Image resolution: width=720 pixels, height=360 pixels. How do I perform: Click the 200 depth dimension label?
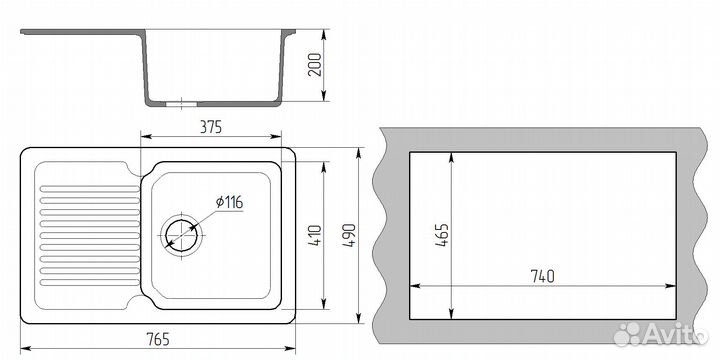(x=316, y=64)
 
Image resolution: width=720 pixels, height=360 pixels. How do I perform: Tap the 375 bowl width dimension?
(x=211, y=127)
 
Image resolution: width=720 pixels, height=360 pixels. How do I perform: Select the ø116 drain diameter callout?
(x=229, y=202)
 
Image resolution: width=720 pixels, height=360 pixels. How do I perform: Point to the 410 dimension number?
(x=315, y=235)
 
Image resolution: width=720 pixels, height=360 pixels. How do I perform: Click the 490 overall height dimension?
(x=349, y=235)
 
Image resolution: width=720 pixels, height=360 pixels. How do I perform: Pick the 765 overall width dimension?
(x=158, y=339)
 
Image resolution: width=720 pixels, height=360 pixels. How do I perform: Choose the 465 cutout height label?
(x=442, y=235)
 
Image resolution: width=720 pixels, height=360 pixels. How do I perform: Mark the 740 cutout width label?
(x=542, y=276)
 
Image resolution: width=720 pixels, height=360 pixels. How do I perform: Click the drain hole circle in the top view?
(x=181, y=236)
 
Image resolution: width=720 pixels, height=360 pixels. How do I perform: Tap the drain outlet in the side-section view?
(x=181, y=104)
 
